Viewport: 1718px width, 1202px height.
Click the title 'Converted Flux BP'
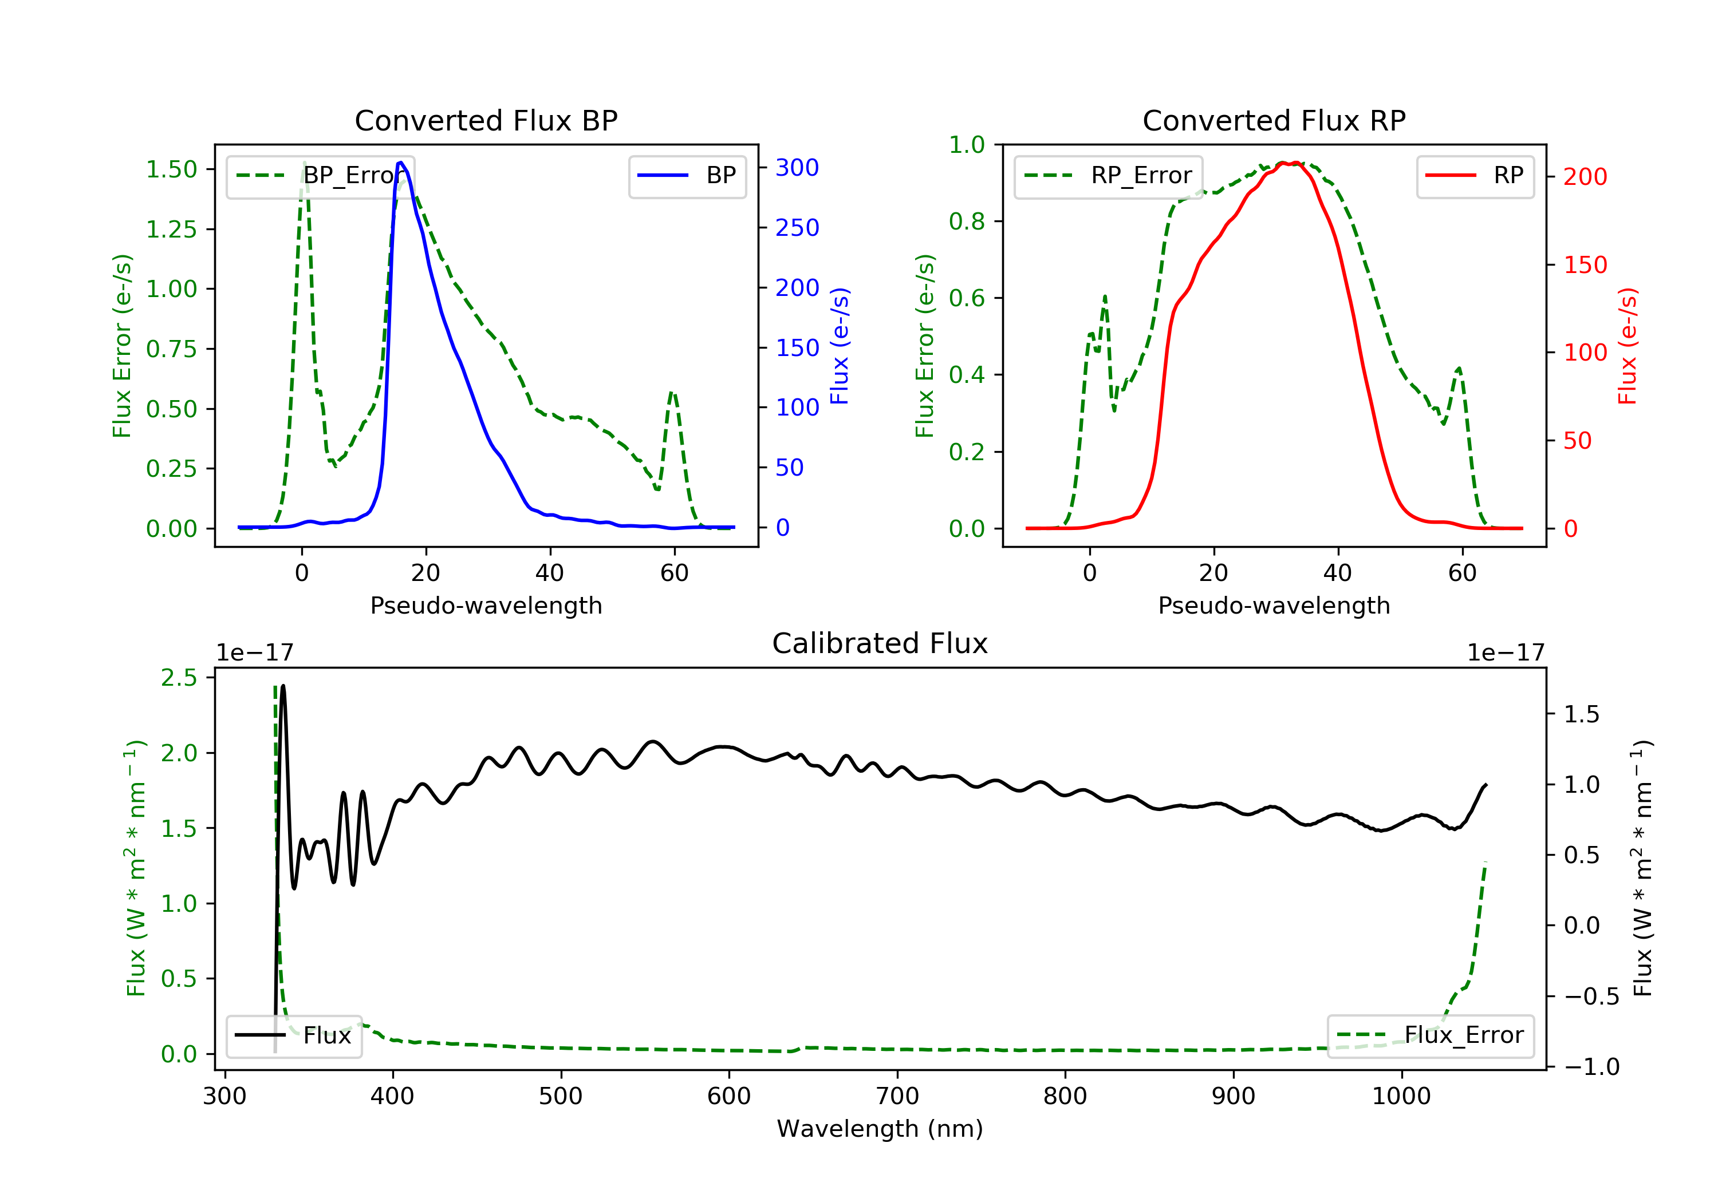pos(486,120)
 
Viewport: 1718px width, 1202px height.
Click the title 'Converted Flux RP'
pos(1274,120)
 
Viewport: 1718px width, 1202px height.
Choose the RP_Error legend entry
pos(1108,176)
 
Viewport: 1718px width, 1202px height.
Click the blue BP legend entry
pos(687,176)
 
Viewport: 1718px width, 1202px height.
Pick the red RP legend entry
pos(1475,176)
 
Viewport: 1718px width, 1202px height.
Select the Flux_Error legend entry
pos(1430,1035)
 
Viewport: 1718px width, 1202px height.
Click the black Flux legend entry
pos(293,1035)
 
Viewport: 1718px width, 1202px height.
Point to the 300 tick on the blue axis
pos(797,168)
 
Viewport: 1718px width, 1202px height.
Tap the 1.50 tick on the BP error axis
pos(171,170)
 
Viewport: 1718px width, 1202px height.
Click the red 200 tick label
pos(1585,177)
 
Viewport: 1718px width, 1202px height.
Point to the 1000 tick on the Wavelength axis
pos(1401,1097)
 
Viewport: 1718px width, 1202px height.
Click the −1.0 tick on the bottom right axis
pos(1591,1066)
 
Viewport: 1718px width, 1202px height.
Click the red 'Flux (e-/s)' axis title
pos(1628,346)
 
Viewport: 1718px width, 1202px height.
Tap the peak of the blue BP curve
pos(401,163)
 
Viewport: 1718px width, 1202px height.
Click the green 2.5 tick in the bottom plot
pos(179,678)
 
